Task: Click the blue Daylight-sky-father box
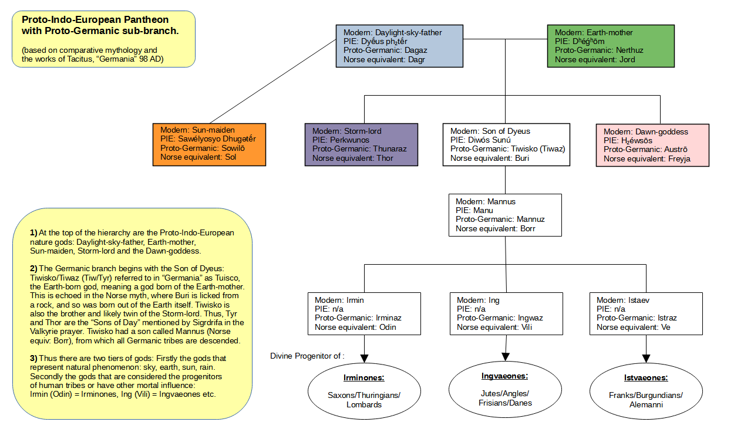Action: tap(399, 46)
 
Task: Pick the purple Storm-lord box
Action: tap(361, 144)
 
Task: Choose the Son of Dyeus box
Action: tap(506, 144)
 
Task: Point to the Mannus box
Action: tap(505, 215)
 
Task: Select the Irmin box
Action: tap(364, 313)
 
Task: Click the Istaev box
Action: tap(646, 313)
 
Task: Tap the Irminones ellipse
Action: tap(364, 391)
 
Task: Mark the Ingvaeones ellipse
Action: tap(505, 388)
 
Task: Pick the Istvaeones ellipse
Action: tap(646, 391)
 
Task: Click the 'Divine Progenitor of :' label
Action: tap(307, 356)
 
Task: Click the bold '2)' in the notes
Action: tap(33, 268)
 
